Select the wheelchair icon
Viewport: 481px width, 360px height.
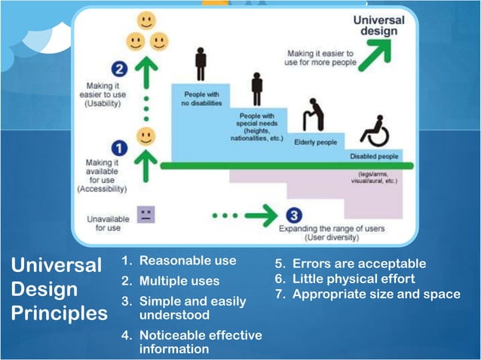374,133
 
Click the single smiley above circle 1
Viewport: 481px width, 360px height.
146,137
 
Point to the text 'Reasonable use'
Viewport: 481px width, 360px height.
188,261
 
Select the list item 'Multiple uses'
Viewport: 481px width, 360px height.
179,281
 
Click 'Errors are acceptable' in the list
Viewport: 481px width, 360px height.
358,264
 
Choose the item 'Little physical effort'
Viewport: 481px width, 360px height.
354,279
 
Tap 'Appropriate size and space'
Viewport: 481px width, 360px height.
375,294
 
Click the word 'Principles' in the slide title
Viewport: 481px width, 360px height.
58,313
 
